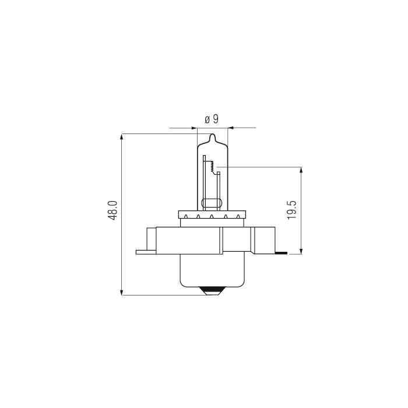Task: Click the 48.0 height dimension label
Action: (x=113, y=210)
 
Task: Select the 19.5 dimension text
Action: (x=293, y=209)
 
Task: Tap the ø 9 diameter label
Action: (x=212, y=119)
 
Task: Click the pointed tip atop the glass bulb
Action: (x=213, y=137)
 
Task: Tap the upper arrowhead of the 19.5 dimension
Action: (x=301, y=171)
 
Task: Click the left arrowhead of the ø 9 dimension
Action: (x=194, y=127)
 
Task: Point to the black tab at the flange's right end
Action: (x=282, y=253)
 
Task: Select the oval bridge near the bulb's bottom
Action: (x=212, y=203)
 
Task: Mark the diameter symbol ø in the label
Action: (x=207, y=119)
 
